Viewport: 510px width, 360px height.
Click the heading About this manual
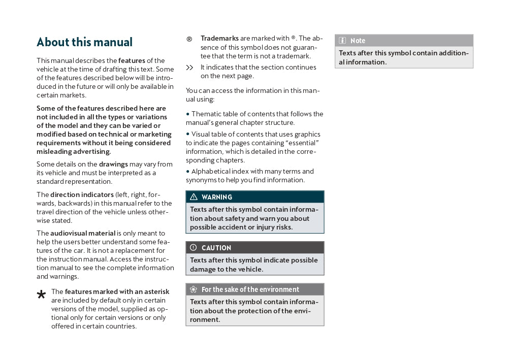click(84, 42)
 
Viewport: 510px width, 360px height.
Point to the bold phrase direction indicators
click(82, 194)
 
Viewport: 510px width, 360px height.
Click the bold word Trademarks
click(219, 39)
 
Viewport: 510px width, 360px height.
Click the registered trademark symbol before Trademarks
click(189, 39)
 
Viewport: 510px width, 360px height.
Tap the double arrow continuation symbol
click(189, 68)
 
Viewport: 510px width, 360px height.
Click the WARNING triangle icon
click(194, 197)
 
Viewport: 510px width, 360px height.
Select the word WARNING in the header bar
click(217, 197)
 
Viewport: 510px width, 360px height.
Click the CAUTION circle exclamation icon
click(194, 248)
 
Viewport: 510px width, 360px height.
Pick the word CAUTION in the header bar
click(216, 248)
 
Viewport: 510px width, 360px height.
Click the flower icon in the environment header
click(194, 289)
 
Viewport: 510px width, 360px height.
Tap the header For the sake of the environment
click(250, 289)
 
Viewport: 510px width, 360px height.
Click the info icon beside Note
click(342, 41)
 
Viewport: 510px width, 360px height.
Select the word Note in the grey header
click(358, 41)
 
